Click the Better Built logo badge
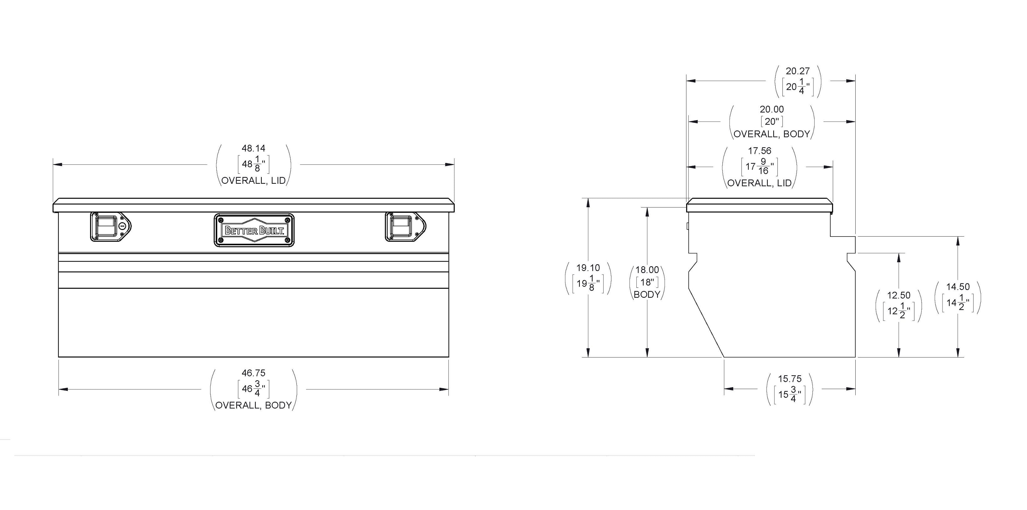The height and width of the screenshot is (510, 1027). coord(254,230)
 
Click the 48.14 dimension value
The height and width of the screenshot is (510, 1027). coord(253,148)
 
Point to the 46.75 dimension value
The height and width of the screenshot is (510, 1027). coord(253,373)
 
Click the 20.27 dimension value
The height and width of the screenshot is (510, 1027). coord(798,71)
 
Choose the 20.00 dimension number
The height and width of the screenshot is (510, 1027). coord(772,109)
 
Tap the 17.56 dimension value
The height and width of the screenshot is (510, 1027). coord(760,151)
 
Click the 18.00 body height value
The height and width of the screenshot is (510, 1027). coord(647,270)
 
